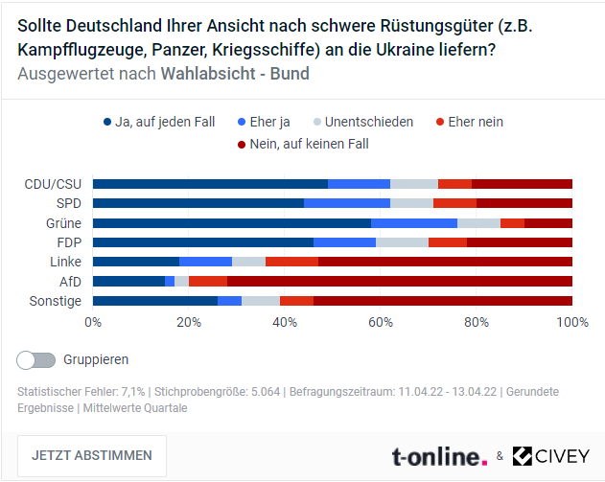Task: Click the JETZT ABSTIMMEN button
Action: pyautogui.click(x=92, y=455)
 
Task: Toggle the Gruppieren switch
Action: pyautogui.click(x=36, y=359)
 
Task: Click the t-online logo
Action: pyautogui.click(x=439, y=456)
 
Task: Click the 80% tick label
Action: pyautogui.click(x=477, y=322)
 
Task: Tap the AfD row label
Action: pyautogui.click(x=70, y=281)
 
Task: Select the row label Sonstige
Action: pyautogui.click(x=56, y=301)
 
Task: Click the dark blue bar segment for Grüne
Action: pyautogui.click(x=231, y=222)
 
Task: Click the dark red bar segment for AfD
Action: pyautogui.click(x=400, y=281)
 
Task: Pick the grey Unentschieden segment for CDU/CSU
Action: pyautogui.click(x=414, y=183)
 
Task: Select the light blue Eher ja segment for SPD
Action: pyautogui.click(x=347, y=203)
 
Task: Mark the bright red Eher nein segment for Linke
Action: pyautogui.click(x=291, y=262)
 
